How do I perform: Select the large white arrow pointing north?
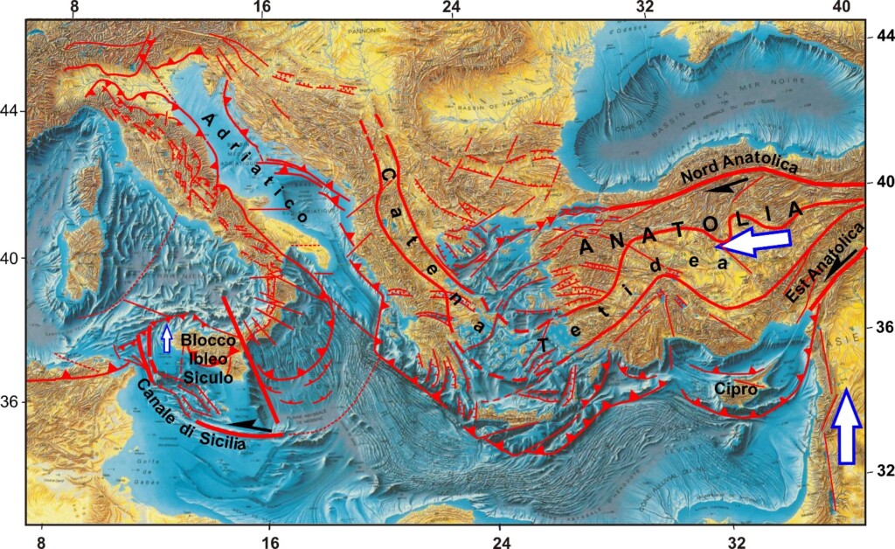tap(845, 426)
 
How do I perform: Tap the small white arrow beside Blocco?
tap(167, 338)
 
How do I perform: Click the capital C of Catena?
tap(385, 176)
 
